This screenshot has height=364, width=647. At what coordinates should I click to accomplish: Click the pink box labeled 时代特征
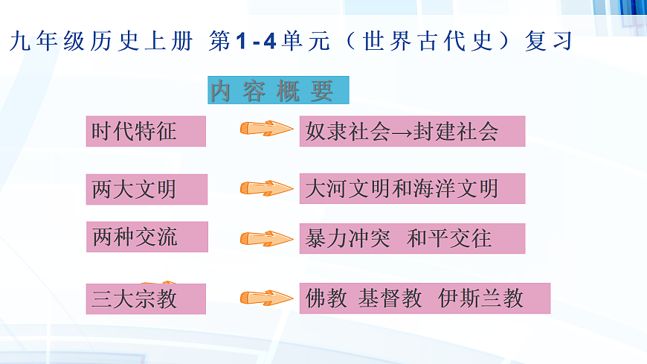[146, 131]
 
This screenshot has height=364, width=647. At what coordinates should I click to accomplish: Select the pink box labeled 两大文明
[146, 188]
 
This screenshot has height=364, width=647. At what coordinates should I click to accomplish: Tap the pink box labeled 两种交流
[146, 237]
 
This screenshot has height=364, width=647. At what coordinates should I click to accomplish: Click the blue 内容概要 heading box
[278, 90]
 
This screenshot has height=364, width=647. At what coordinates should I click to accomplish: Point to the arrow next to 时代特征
[266, 130]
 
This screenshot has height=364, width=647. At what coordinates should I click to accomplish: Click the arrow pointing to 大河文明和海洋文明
[266, 188]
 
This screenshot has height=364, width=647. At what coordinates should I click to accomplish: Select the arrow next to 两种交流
[266, 239]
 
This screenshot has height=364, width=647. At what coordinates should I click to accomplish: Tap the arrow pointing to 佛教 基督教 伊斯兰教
[266, 298]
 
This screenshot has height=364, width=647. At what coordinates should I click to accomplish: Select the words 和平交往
[449, 239]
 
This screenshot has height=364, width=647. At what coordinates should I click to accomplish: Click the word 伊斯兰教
[480, 298]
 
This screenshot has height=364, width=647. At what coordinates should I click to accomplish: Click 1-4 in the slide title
[256, 42]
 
